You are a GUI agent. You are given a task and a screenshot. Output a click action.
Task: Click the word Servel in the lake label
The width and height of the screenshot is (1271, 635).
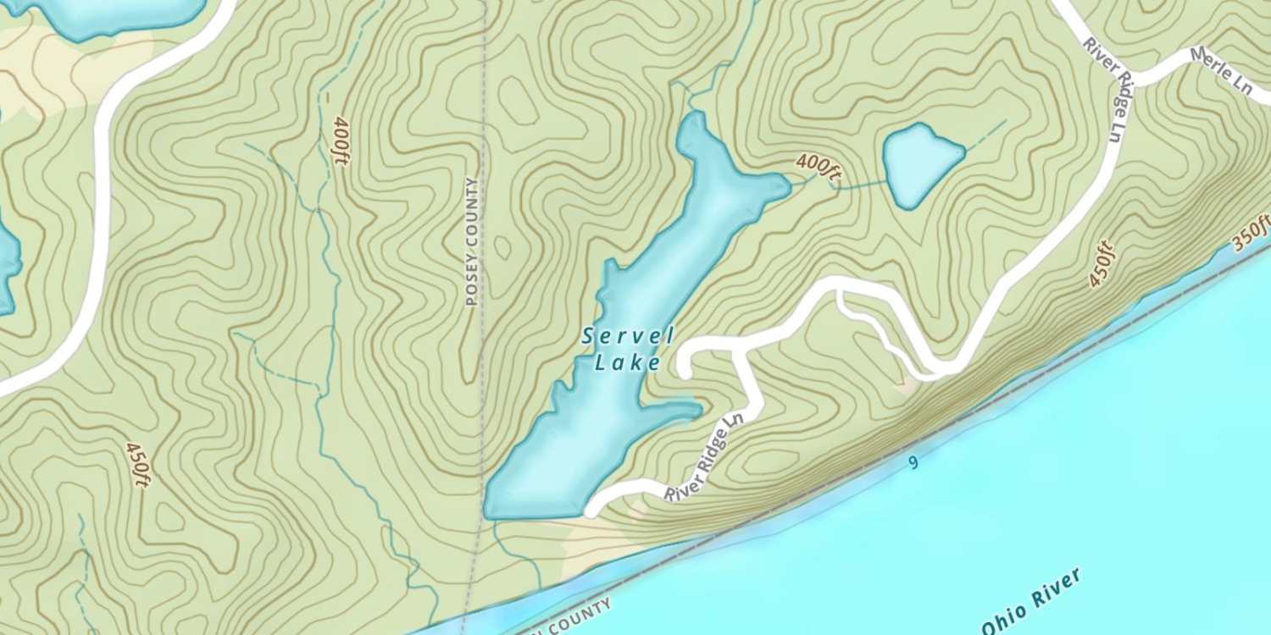628,336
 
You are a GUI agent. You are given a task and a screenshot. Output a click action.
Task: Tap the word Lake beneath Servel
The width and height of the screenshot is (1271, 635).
628,363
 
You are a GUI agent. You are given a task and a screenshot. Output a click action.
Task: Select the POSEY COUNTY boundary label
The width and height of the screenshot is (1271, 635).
473,240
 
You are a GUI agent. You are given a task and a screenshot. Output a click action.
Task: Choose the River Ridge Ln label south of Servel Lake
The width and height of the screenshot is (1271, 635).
703,458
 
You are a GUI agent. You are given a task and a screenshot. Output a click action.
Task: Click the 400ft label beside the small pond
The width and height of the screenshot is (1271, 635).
818,167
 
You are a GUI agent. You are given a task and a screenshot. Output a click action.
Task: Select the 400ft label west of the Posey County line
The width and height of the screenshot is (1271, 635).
341,141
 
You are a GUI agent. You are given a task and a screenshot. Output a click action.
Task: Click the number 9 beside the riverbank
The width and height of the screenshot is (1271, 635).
913,462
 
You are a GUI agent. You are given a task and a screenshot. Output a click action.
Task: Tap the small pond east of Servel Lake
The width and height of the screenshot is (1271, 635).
920,163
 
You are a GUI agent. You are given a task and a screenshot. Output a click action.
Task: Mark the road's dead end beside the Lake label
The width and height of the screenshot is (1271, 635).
684,369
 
